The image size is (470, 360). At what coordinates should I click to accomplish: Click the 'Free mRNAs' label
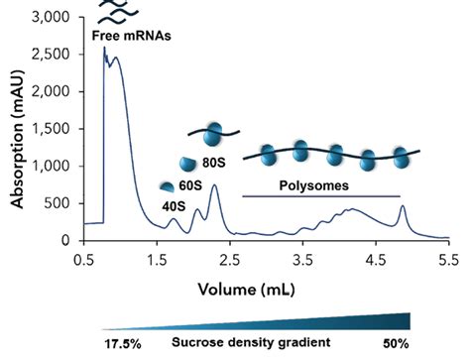coord(132,38)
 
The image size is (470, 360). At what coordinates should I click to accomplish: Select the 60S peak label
coord(189,184)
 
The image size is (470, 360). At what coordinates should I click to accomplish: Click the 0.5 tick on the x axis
coord(83,258)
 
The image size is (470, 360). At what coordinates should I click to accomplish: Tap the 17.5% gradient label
coord(122,342)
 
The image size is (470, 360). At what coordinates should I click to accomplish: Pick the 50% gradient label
coord(396,342)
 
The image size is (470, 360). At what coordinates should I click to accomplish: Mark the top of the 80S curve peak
coord(214,185)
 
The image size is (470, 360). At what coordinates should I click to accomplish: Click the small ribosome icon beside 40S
coord(168,185)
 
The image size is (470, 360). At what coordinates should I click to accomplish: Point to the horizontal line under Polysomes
coord(320,196)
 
